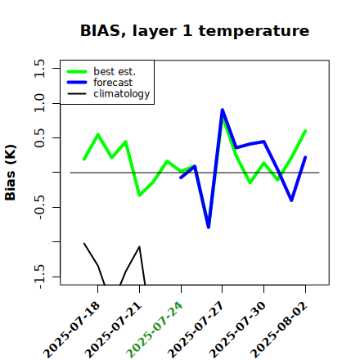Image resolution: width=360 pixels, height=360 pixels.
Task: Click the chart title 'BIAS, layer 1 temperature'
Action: point(195,31)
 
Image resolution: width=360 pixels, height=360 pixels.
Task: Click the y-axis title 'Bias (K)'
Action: point(11,173)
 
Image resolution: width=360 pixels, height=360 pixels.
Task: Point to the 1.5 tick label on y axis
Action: point(39,68)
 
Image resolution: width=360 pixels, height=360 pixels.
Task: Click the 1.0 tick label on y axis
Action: point(39,103)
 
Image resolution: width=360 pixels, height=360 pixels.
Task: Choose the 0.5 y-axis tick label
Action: point(39,137)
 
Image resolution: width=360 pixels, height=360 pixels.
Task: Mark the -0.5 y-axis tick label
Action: point(39,207)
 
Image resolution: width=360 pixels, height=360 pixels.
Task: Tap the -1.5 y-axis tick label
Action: point(39,277)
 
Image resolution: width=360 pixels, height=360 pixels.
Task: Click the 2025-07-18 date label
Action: point(72,330)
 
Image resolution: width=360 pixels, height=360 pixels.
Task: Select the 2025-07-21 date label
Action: point(114,330)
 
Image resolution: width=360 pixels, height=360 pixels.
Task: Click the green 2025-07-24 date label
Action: point(155,330)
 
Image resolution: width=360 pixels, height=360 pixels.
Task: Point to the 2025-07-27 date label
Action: point(196,330)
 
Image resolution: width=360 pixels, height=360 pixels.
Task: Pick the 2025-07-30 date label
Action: point(237,330)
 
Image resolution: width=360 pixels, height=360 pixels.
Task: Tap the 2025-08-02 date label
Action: point(279,330)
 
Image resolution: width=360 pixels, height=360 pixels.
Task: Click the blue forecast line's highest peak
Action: point(223,110)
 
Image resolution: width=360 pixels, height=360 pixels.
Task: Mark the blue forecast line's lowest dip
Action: point(209,227)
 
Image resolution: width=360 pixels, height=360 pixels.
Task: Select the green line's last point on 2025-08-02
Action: point(305,131)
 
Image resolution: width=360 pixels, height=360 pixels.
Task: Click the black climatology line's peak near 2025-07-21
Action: point(139,247)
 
